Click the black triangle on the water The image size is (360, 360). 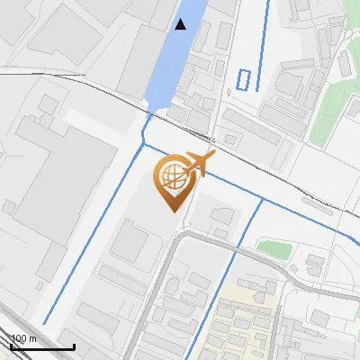pyautogui.click(x=181, y=24)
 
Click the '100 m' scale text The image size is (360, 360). pyautogui.click(x=23, y=338)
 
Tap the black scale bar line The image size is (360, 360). pyautogui.click(x=41, y=346)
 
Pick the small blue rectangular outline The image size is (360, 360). pyautogui.click(x=243, y=79)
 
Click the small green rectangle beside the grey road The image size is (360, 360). pyautogui.click(x=272, y=247)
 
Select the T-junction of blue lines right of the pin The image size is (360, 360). pyautogui.click(x=261, y=199)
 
